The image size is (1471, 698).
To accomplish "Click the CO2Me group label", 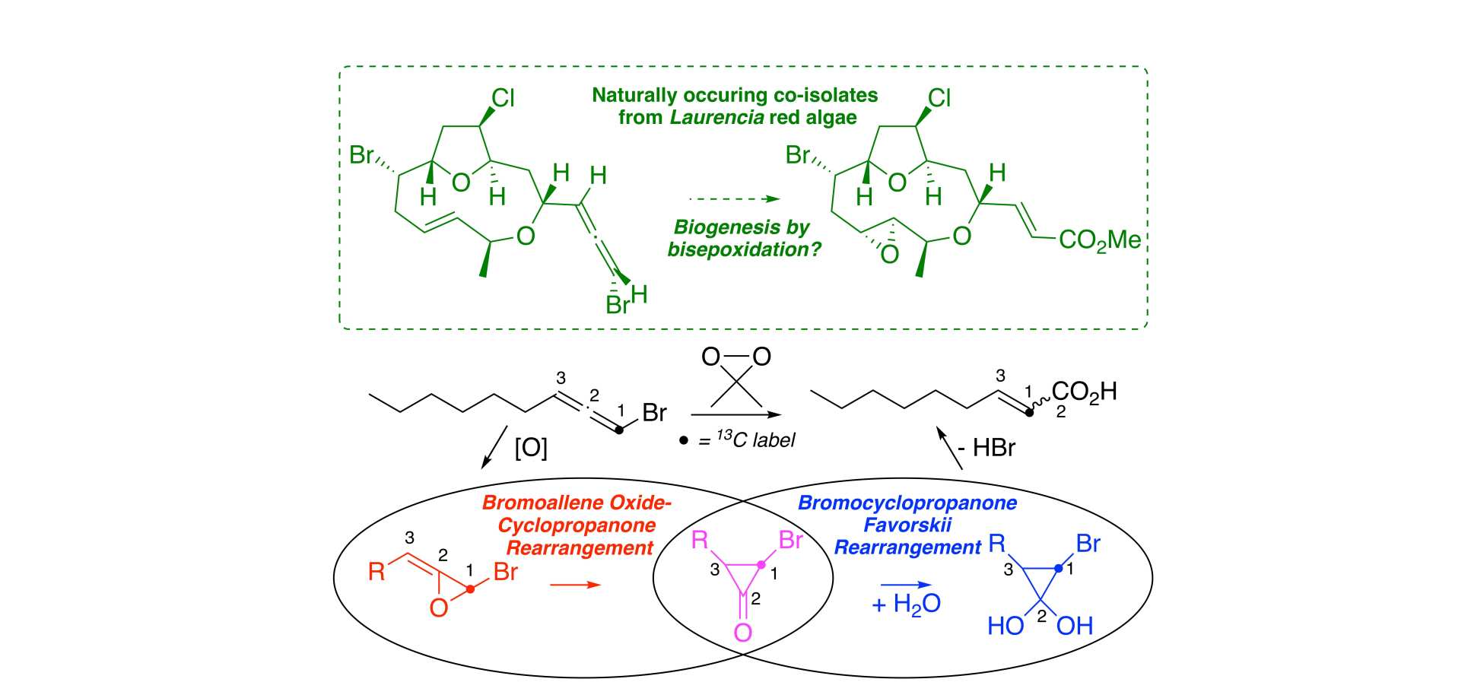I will pos(1099,240).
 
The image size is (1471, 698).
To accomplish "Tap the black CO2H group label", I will pos(1084,392).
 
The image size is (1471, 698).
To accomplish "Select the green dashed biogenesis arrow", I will pos(734,199).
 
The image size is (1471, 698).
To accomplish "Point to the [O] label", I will pos(531,448).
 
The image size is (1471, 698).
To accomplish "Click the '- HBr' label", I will pos(986,448).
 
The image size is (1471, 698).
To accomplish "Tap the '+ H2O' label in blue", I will pos(906,604).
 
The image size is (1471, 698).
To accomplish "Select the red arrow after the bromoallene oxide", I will pos(575,585).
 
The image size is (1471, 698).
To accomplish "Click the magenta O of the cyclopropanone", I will pos(742,633).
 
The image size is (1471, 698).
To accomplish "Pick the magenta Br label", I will pos(791,541).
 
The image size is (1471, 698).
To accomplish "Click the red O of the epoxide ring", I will pos(439,608).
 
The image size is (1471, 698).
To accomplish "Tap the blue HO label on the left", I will pos(1006,627).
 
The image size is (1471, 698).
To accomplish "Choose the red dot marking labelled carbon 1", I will pos(472,589).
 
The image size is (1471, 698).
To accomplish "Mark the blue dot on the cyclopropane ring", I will pos(1058,568).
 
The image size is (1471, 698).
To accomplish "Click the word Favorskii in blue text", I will pos(907,525).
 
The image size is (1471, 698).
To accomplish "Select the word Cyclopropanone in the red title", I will pos(577,525).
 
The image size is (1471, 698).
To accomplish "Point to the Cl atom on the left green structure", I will pos(503,98).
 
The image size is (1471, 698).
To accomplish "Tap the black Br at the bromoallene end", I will pos(654,413).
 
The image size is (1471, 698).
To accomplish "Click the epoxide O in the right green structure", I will pos(889,255).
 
